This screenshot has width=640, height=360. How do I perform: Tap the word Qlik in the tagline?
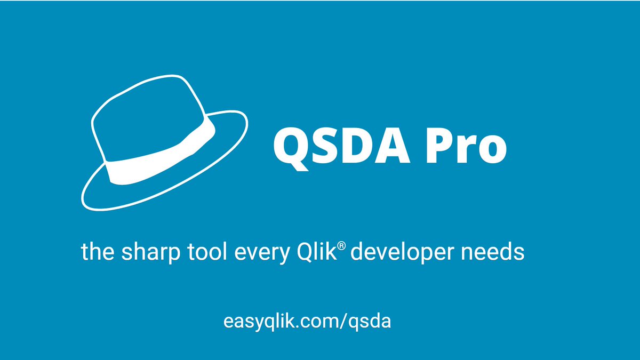pos(314,251)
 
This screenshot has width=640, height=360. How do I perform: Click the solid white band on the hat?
pos(160,155)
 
